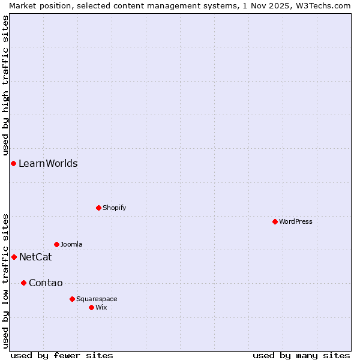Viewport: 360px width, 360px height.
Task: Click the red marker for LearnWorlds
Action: pyautogui.click(x=13, y=163)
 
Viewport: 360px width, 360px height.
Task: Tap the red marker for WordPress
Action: pyautogui.click(x=275, y=221)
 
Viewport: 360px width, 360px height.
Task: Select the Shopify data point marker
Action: pyautogui.click(x=98, y=208)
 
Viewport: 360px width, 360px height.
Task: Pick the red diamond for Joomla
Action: pyautogui.click(x=56, y=244)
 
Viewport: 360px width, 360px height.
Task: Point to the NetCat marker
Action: pyautogui.click(x=14, y=257)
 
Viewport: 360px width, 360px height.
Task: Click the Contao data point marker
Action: pyautogui.click(x=23, y=283)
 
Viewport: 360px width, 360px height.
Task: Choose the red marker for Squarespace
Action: pyautogui.click(x=72, y=299)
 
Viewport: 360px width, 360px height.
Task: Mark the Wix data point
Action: pyautogui.click(x=91, y=307)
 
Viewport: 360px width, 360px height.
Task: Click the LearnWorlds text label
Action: pyautogui.click(x=48, y=163)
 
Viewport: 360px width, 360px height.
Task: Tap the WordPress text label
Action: pyautogui.click(x=296, y=221)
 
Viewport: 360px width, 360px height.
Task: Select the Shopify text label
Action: pyautogui.click(x=114, y=208)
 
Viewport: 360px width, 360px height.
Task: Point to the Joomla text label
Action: pyautogui.click(x=71, y=244)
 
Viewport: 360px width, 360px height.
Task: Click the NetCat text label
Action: pyautogui.click(x=35, y=257)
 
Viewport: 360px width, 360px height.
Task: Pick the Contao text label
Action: pyautogui.click(x=46, y=283)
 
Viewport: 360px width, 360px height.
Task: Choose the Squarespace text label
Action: pyautogui.click(x=97, y=299)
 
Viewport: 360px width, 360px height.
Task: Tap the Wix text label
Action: pyautogui.click(x=101, y=307)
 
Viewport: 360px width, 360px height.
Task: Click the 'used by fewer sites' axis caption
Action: pyautogui.click(x=62, y=355)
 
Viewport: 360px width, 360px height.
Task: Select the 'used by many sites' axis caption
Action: pyautogui.click(x=301, y=355)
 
